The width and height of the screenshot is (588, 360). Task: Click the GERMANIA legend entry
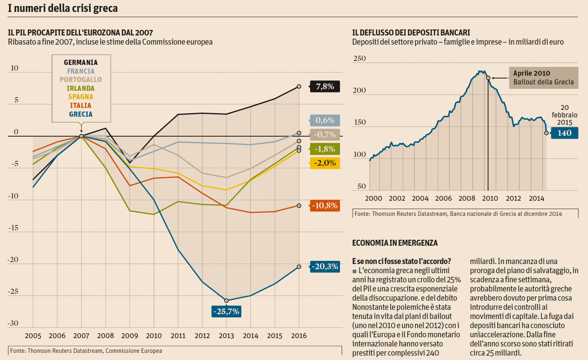pos(81,63)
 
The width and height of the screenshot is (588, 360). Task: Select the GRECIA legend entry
pos(81,114)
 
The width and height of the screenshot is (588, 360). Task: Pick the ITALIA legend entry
pos(81,106)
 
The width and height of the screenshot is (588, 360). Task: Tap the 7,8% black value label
pos(325,86)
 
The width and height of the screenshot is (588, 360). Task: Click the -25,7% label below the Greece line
pos(226,311)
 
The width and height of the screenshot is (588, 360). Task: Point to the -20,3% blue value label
pos(325,266)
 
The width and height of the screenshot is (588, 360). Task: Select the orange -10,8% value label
pos(325,205)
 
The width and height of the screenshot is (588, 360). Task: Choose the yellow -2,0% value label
pos(325,163)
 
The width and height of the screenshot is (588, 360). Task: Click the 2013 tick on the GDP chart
pos(226,336)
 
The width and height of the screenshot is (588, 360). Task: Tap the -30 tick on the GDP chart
pos(13,323)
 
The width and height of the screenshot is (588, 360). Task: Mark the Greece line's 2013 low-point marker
pos(227,301)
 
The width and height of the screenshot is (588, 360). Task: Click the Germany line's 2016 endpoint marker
pos(299,86)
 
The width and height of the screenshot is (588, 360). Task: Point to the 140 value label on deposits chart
pos(565,133)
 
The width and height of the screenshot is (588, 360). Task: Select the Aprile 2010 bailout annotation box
pos(543,78)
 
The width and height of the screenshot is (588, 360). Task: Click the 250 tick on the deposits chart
pos(359,59)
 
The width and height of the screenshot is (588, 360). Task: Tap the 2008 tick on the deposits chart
pos(467,198)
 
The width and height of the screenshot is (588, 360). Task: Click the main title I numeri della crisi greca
pos(63,8)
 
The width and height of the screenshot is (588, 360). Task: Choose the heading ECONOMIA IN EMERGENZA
pos(395,243)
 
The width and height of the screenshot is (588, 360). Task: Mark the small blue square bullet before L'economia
pos(354,271)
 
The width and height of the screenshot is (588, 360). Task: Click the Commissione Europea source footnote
pos(86,351)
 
